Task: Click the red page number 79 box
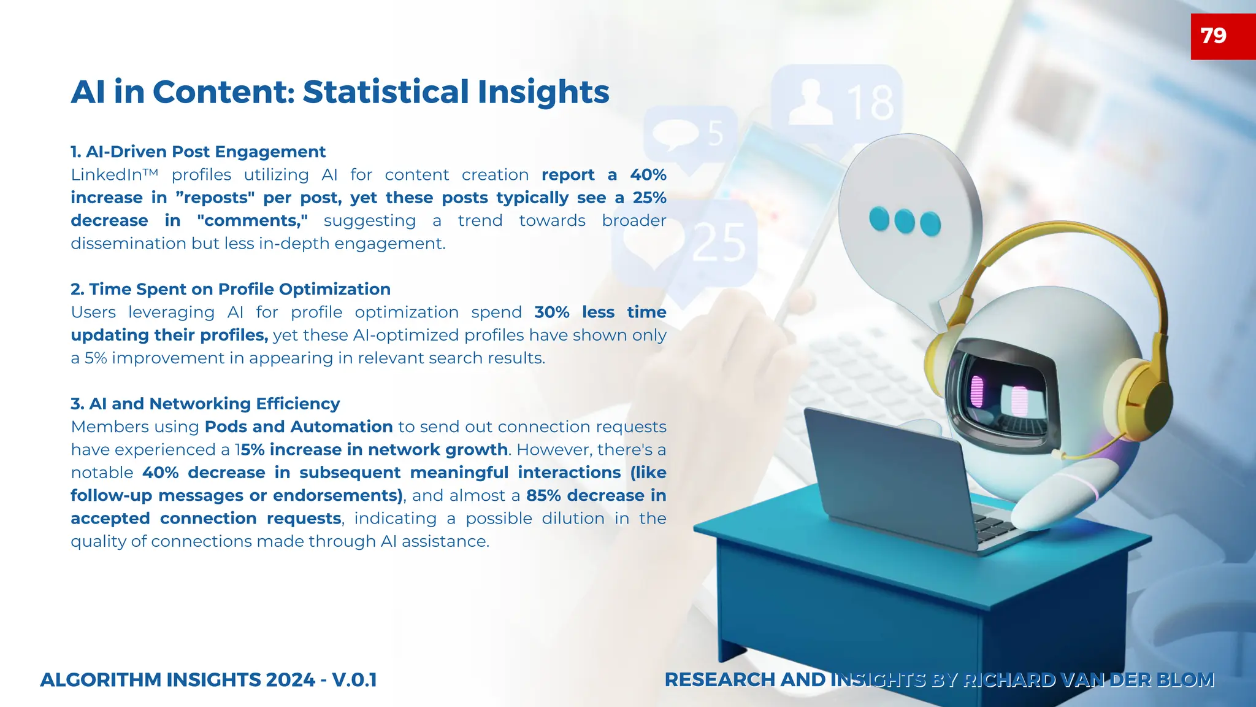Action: [1222, 36]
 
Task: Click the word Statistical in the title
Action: [386, 92]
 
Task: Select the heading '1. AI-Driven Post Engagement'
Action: [197, 152]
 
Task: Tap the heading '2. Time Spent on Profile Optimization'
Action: [230, 289]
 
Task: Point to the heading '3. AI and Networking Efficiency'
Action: [205, 404]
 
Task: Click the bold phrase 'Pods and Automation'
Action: [298, 427]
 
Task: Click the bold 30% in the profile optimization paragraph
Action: [551, 312]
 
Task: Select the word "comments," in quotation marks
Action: [252, 221]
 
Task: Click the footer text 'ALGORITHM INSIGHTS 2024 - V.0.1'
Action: [209, 680]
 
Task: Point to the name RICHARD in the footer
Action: [1009, 680]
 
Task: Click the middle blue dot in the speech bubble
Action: [905, 221]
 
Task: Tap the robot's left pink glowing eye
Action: [977, 392]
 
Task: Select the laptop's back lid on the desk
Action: [883, 473]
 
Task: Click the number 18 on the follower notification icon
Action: [870, 103]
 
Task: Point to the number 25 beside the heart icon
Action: [719, 243]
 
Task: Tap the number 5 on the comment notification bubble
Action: [715, 133]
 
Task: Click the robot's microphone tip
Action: [1057, 455]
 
